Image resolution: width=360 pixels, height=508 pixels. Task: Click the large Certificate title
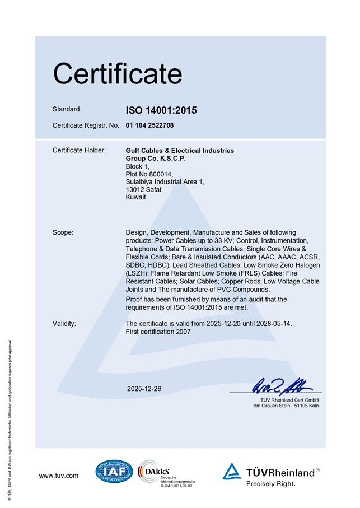coord(117,74)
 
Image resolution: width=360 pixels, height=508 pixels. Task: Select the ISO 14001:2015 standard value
coord(161,110)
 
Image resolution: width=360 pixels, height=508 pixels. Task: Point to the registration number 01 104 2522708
coord(149,125)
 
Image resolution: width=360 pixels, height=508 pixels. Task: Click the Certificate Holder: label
coord(79,151)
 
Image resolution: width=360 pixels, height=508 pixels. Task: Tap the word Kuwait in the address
coord(136,198)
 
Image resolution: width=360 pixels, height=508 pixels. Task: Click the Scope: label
coord(63,232)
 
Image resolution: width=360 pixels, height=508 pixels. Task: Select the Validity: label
coord(64,324)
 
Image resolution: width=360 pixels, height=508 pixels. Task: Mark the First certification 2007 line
coord(158,332)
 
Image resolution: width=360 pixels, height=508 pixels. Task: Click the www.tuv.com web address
coord(59,476)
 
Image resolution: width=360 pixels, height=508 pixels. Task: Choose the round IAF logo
coord(114,472)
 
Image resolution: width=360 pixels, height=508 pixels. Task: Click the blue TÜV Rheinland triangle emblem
coord(232,472)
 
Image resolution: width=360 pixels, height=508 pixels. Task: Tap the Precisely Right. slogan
coord(271,484)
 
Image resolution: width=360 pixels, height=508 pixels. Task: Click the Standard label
coord(66,109)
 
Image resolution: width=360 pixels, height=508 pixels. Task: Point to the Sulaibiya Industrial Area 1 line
coord(165,182)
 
